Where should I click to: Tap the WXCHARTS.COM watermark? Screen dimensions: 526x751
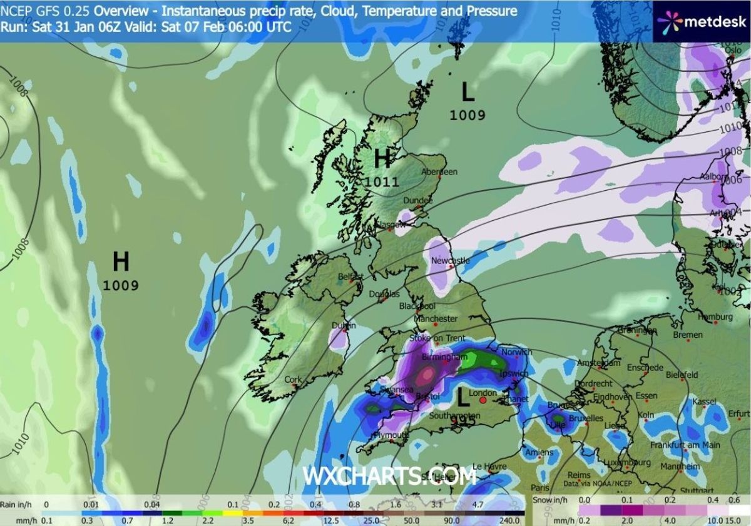[389, 476]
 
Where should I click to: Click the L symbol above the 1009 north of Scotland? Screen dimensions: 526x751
[467, 93]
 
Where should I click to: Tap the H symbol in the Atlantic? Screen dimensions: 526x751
[121, 261]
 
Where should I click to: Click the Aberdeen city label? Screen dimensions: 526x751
[439, 171]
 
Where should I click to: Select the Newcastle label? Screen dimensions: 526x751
[450, 260]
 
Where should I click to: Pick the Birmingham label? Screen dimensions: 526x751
[445, 357]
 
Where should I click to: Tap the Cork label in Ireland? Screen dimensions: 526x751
[292, 379]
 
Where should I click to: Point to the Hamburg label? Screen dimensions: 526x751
[714, 317]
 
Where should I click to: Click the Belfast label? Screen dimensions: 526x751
[350, 276]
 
